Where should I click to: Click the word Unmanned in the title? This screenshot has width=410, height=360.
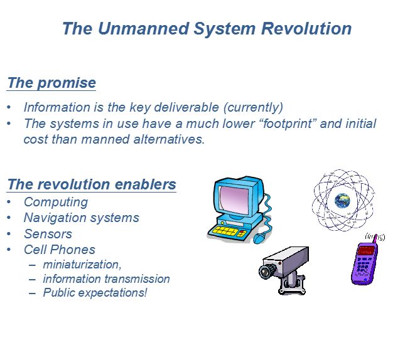point(143,28)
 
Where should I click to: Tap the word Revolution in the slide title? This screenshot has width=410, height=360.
point(306,28)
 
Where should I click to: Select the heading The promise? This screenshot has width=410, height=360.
point(51,83)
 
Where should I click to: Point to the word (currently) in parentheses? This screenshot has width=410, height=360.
point(253,107)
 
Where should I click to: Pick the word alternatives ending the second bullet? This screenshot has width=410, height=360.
point(169,139)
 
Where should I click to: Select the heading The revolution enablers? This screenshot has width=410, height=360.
point(92,184)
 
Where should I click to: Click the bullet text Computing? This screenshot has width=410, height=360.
point(56,203)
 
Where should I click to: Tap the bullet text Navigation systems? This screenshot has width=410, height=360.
point(82,218)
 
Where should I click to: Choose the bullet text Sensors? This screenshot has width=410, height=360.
point(48,234)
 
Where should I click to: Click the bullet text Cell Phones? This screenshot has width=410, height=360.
point(60,250)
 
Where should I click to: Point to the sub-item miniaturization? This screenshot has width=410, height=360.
point(82,265)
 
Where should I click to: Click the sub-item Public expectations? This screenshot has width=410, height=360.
point(95,293)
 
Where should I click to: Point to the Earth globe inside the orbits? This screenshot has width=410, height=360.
point(342,201)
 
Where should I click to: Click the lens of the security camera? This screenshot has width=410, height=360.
point(266,272)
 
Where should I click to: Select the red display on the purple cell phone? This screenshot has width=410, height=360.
point(366,251)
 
